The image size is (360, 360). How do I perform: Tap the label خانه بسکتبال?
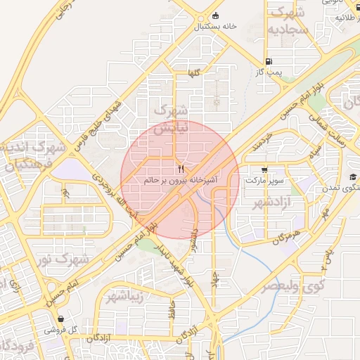tap(215, 27)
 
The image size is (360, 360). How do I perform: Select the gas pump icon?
tap(271, 62)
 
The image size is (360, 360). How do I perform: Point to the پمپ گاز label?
tap(269, 72)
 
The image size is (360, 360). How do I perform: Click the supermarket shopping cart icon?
tap(264, 169)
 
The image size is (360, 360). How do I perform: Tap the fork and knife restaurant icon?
tap(181, 169)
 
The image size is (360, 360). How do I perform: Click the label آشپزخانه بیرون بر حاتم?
tap(180, 180)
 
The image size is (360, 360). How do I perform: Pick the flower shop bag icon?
tap(60, 319)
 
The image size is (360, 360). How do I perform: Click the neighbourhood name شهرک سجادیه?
tap(289, 21)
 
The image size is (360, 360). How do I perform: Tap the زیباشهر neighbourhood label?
tap(125, 296)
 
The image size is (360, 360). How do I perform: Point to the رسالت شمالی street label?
tap(337, 130)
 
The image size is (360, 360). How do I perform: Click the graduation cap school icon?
tap(352, 177)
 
